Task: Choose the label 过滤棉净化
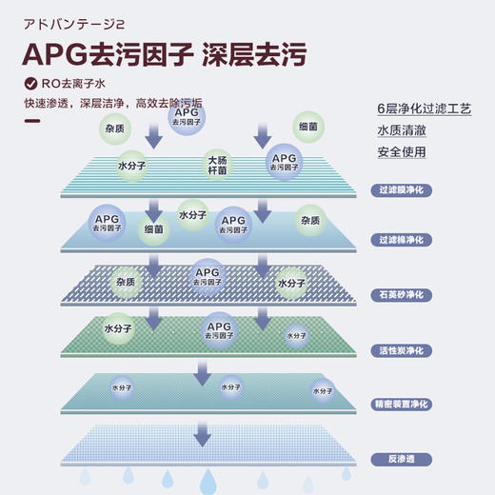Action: pyautogui.click(x=401, y=238)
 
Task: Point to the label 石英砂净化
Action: pyautogui.click(x=401, y=294)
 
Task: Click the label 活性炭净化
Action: pyautogui.click(x=401, y=350)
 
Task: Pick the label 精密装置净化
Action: pyautogui.click(x=401, y=404)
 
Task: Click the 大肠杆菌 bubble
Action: pyautogui.click(x=217, y=166)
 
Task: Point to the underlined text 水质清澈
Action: pyautogui.click(x=401, y=130)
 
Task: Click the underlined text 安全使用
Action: pyautogui.click(x=401, y=152)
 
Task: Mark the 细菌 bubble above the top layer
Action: pyautogui.click(x=308, y=126)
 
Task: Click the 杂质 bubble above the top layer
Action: pyautogui.click(x=114, y=126)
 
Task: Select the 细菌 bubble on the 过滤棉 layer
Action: pyautogui.click(x=154, y=229)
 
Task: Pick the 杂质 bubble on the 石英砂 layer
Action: pyautogui.click(x=126, y=282)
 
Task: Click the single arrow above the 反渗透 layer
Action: pyautogui.click(x=202, y=435)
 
